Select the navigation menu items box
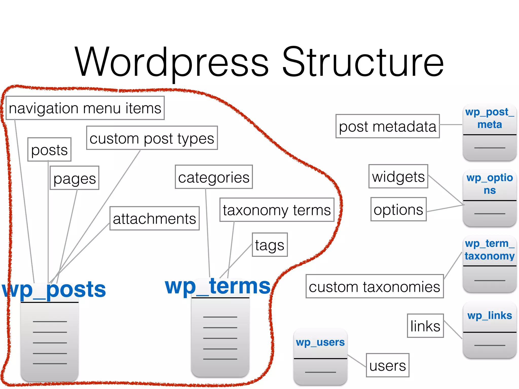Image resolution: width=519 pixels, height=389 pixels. pos(85,108)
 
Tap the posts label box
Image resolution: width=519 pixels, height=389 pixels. pos(49,150)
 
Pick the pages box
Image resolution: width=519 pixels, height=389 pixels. pos(75,178)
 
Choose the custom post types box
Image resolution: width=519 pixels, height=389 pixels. pos(152,138)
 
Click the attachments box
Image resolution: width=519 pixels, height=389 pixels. pos(154,218)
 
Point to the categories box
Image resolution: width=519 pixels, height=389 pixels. pos(214,177)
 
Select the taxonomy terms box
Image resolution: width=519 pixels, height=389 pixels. pos(277,210)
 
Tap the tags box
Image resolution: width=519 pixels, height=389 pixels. pos(270,245)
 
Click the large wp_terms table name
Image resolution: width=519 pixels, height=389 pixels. pos(217,286)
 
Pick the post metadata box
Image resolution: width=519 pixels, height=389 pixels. pos(387,126)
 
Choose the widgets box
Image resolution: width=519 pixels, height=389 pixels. pos(398,177)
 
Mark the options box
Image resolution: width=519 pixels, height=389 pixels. pos(398,209)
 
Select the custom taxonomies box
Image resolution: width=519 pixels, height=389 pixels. pos(374,286)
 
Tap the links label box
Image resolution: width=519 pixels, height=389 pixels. pos(425,326)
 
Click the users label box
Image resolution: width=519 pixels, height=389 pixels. pos(387,365)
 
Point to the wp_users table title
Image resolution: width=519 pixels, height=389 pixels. pos(320,342)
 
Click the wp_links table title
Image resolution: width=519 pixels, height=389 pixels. pos(490,316)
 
